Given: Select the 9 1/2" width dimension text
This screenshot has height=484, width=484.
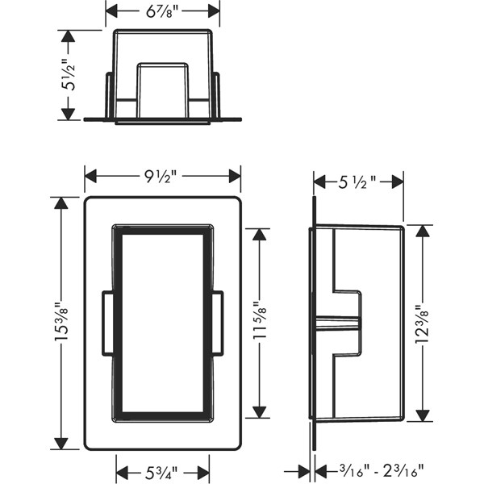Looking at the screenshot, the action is [x=161, y=177].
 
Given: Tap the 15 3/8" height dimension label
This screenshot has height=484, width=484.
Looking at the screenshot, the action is [x=62, y=323].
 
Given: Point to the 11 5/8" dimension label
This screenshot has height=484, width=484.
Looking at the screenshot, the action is [x=260, y=320].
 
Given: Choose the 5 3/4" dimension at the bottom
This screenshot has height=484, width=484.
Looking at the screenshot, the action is [x=161, y=473].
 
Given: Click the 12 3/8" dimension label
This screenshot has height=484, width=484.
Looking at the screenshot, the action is [x=422, y=324].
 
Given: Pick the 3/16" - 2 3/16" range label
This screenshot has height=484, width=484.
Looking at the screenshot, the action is [x=382, y=472].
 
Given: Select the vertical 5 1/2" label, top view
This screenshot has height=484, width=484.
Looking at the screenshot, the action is [x=69, y=74].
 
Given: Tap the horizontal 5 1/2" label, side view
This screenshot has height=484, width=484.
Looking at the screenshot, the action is [x=357, y=182].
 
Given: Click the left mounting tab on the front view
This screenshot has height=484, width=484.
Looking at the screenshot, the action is [x=108, y=323].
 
